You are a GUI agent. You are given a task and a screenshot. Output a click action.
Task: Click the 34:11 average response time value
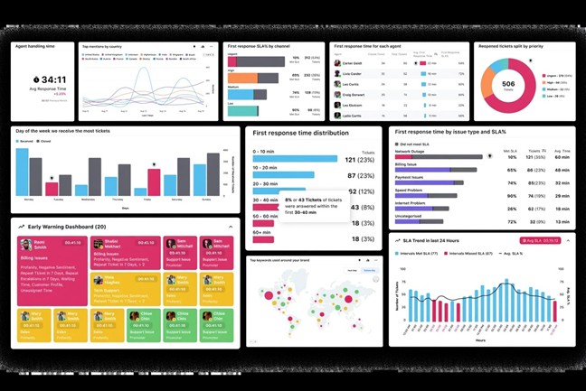coord(53,79)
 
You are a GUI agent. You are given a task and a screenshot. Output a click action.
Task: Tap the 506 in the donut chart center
coord(508,85)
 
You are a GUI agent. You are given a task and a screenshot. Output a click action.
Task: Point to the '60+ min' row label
coord(263,231)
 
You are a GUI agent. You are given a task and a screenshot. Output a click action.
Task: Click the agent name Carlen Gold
coord(353,63)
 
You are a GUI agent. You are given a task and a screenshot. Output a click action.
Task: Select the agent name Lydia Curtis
coord(353,116)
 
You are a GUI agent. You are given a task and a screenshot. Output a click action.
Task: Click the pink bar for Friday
coord(154,183)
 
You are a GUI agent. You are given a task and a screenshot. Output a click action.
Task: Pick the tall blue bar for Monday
coord(23,172)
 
